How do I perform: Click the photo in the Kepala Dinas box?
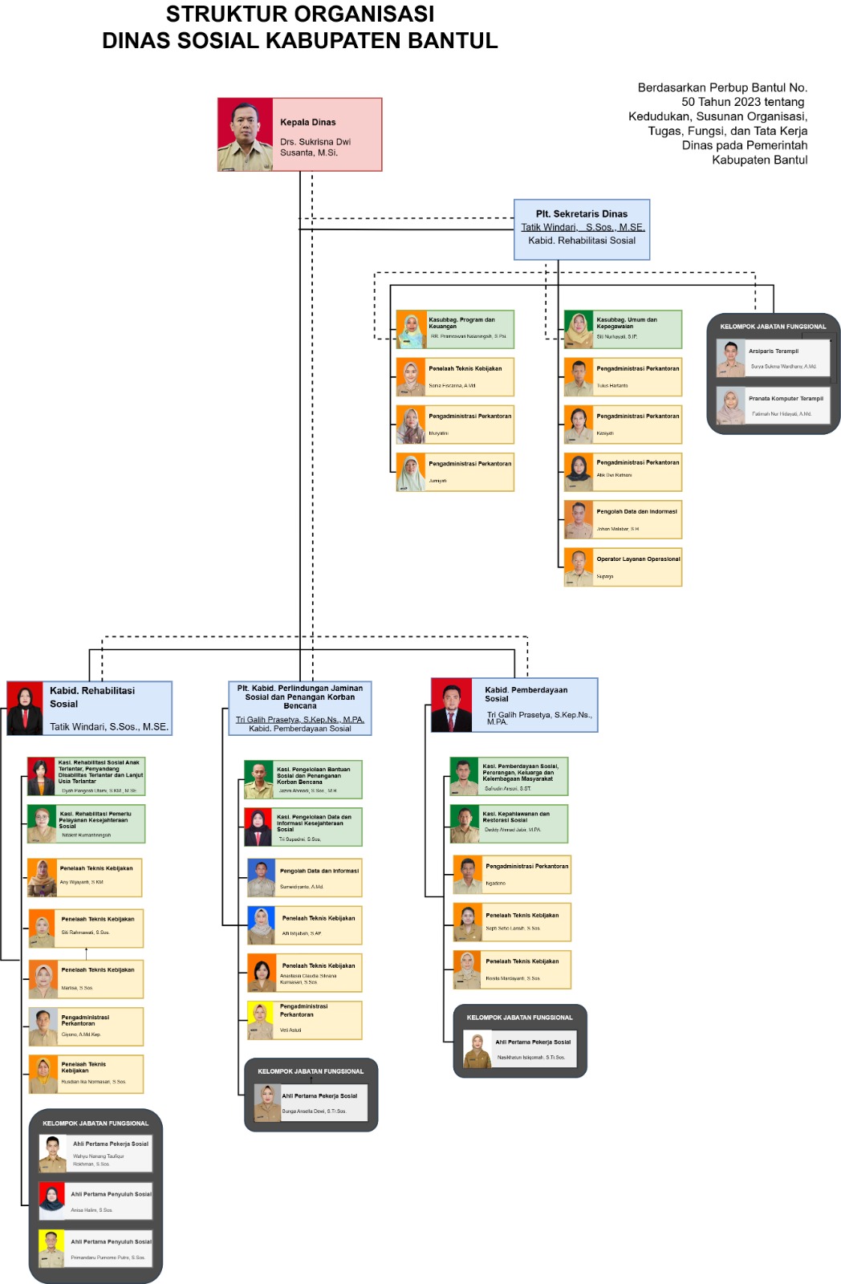246,135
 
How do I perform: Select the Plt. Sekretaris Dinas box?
582,230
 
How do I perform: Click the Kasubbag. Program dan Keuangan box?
455,329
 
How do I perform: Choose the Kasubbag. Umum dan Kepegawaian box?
623,329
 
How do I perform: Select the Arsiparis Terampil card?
774,358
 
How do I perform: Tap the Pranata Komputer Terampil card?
774,405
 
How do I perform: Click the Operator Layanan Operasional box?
623,567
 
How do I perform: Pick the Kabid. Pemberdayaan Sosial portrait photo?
452,705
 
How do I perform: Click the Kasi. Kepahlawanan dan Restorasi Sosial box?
509,823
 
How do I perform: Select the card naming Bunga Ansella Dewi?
311,1103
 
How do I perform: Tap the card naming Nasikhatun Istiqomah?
520,1049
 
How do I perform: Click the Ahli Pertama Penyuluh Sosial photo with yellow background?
52,1249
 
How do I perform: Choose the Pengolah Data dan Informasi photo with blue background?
262,878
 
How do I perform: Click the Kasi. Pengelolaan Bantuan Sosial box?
303,780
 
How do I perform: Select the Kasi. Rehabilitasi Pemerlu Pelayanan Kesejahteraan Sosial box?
87,823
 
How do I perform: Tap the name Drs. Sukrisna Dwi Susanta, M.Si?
315,147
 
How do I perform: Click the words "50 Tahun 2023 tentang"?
742,102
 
